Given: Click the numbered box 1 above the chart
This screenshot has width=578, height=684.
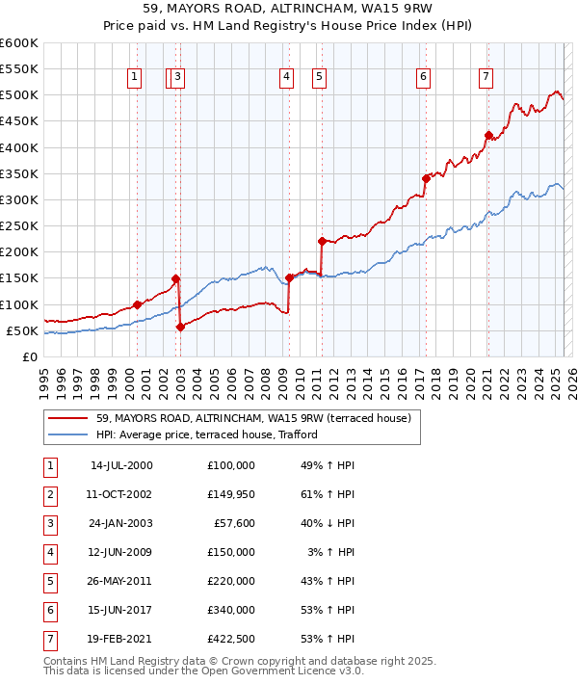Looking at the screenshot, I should click(133, 78).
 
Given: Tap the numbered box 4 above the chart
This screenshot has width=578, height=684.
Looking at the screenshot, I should click(287, 78).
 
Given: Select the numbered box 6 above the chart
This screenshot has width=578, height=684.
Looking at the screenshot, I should click(423, 78).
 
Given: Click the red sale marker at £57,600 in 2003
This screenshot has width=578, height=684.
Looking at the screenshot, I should click(180, 327).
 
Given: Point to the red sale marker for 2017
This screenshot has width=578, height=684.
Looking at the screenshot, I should click(426, 178).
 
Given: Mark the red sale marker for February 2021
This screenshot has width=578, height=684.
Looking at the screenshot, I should click(488, 135).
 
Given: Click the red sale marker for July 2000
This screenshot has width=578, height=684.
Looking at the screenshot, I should click(137, 304).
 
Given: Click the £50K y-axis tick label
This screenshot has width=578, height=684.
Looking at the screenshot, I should click(22, 330).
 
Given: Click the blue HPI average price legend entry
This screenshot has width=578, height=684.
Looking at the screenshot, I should click(207, 434).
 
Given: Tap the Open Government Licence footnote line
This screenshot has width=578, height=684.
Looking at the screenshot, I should click(204, 671).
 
